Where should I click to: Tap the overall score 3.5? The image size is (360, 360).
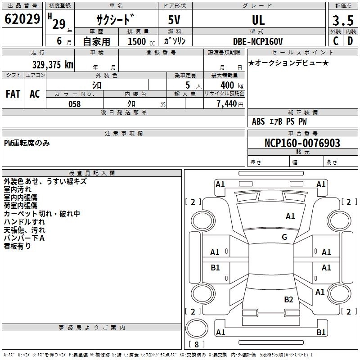click(342, 20)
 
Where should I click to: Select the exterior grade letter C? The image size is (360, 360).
click(335, 40)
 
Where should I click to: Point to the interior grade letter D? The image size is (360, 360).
click(350, 40)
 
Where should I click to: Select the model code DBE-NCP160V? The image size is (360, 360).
click(258, 41)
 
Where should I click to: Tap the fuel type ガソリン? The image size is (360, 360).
click(175, 41)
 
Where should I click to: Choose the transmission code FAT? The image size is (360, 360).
click(13, 94)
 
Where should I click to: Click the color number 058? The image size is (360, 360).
click(74, 104)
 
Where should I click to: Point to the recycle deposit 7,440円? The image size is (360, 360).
click(229, 104)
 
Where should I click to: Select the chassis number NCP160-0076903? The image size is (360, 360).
click(302, 143)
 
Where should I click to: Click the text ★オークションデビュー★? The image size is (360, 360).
click(288, 63)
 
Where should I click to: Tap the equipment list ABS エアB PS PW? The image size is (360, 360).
click(279, 121)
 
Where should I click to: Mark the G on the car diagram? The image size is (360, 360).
click(284, 237)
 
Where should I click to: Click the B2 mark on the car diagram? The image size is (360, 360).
click(288, 299)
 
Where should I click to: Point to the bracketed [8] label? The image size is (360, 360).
click(196, 344)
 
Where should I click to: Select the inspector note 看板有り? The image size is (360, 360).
click(17, 246)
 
